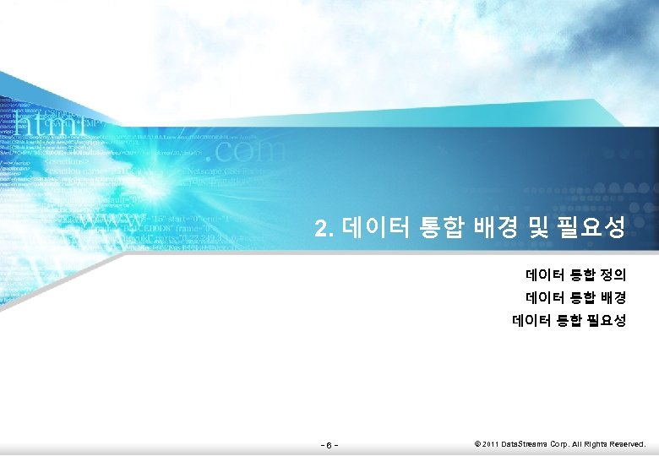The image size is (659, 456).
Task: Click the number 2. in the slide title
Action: (325, 228)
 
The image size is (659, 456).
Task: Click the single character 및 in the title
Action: (540, 227)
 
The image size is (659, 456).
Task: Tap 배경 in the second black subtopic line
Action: (613, 297)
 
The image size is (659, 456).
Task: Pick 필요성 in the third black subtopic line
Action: (606, 320)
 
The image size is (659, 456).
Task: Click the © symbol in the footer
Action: (477, 443)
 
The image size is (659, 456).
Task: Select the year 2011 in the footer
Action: (491, 443)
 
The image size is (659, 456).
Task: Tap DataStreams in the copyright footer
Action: (525, 443)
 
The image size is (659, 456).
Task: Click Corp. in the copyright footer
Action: (559, 443)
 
